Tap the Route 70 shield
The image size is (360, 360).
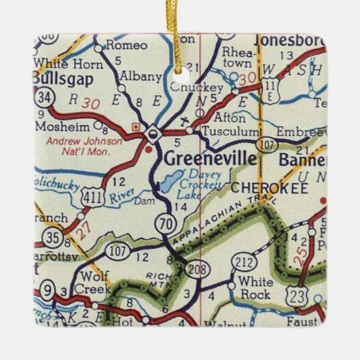point(167,223)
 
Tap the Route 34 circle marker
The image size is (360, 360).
point(43,96)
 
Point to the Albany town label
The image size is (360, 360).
point(143,76)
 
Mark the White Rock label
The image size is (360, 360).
point(253,287)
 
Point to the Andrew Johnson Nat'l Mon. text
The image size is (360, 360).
point(85,147)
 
